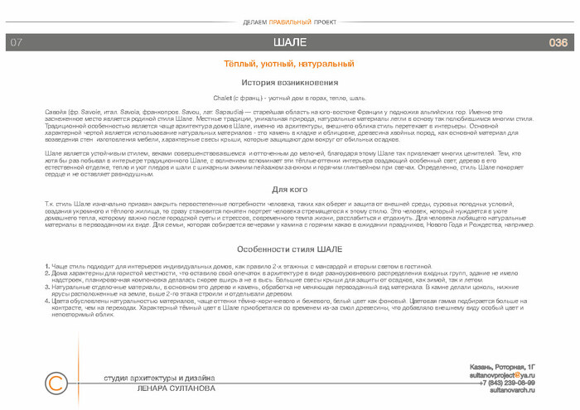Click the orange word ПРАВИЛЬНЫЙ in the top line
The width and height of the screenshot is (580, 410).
click(290, 22)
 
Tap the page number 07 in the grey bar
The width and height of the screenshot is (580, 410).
click(17, 42)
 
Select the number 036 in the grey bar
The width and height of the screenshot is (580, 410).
click(558, 42)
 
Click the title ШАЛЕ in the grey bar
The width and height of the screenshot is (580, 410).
click(289, 42)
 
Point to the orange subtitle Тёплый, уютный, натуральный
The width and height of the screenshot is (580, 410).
click(289, 64)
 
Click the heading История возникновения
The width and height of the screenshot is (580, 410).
click(289, 83)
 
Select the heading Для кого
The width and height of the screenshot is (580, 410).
click(289, 191)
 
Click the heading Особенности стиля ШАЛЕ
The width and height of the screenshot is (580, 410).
click(289, 248)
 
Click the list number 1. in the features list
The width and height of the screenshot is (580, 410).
click(46, 266)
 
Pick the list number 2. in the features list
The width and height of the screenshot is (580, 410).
click(46, 273)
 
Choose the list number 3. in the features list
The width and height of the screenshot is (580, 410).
click(46, 285)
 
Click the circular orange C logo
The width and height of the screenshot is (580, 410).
click(56, 383)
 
